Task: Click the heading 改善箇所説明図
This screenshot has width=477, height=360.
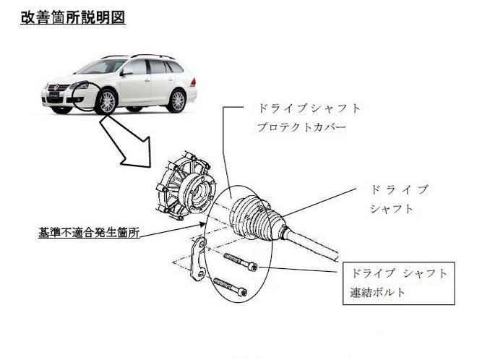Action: pyautogui.click(x=73, y=17)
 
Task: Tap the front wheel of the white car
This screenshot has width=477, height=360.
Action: pyautogui.click(x=106, y=100)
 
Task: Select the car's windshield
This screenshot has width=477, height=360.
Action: pyautogui.click(x=103, y=67)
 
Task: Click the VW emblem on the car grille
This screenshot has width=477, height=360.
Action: pyautogui.click(x=53, y=88)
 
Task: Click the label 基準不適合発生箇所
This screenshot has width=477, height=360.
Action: pyautogui.click(x=88, y=233)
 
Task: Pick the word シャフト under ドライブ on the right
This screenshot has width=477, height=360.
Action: pyautogui.click(x=392, y=209)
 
